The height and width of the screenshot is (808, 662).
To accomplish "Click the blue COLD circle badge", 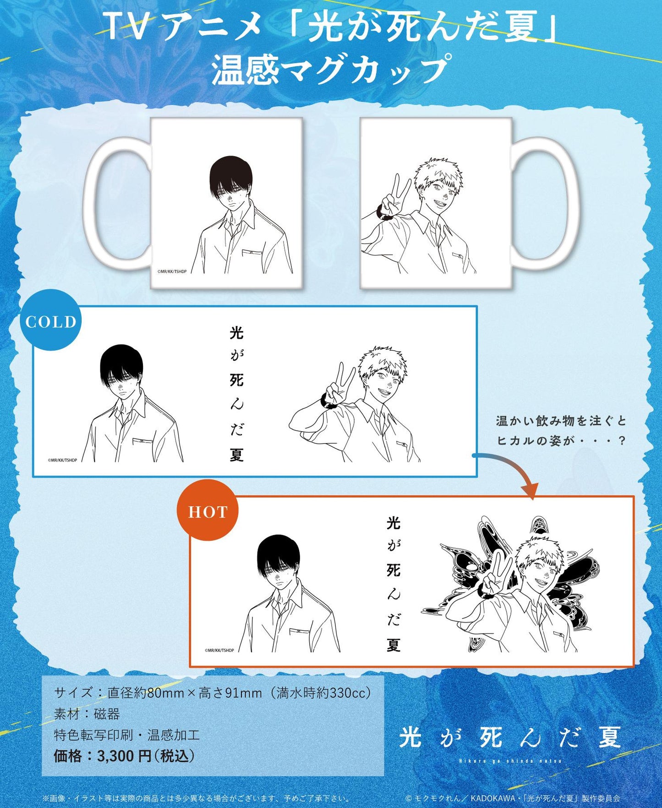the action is tap(50, 320).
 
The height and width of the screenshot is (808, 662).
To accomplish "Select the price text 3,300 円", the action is tap(124, 756).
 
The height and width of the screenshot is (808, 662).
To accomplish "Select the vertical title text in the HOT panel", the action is tap(394, 584).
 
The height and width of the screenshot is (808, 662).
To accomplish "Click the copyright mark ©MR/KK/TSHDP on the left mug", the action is tap(172, 271).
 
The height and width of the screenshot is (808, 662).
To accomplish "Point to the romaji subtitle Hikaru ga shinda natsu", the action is tap(510, 761).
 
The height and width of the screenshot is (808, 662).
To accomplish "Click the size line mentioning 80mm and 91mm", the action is tap(213, 693).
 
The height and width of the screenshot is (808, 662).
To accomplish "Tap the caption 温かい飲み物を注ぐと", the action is tap(561, 421).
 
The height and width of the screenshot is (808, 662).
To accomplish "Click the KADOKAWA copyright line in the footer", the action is tap(513, 798).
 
